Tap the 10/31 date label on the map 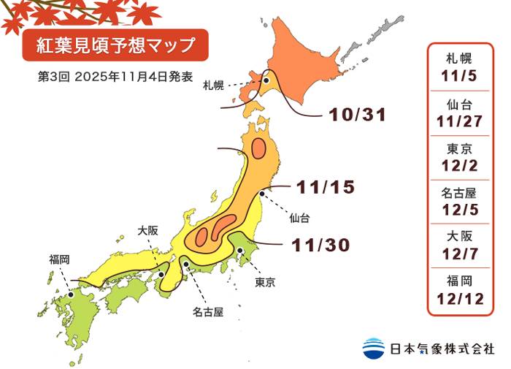tap(356, 115)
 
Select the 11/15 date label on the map tap(325, 187)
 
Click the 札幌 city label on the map tap(215, 85)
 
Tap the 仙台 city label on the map tap(299, 217)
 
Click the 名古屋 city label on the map tap(208, 312)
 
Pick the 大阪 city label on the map tap(147, 229)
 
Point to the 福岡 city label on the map tap(60, 259)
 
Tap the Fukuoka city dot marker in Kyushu tap(71, 294)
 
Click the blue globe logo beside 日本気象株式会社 tap(373, 348)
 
